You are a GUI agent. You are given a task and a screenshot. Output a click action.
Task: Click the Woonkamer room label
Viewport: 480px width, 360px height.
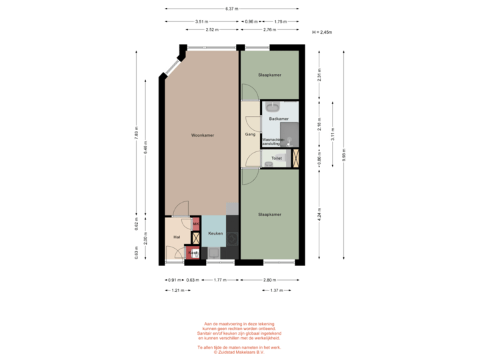point(201,135)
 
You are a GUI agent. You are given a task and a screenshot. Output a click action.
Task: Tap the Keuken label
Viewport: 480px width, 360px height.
point(215,234)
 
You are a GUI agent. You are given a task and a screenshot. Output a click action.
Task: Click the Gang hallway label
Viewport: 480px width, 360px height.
point(250,135)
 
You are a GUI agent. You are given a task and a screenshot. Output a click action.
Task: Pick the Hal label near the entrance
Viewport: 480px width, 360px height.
point(177,237)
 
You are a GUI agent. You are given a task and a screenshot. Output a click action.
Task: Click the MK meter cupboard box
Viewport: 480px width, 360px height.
point(196,223)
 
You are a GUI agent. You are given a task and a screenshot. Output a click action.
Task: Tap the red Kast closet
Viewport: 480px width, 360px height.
point(193,253)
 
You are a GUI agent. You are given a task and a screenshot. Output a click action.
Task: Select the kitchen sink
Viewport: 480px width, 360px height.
point(214,252)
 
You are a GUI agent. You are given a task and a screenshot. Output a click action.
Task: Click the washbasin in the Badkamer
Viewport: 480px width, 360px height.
point(273,106)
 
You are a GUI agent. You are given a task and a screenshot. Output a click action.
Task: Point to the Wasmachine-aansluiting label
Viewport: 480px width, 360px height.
point(273,141)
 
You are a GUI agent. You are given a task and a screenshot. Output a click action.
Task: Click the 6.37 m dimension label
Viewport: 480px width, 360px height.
point(231,9)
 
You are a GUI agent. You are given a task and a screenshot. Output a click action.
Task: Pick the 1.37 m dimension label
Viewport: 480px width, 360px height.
point(274,290)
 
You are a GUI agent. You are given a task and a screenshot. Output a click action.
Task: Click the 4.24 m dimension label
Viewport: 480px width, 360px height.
point(319,215)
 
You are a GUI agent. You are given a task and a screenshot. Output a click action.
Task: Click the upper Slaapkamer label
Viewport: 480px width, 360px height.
point(270,75)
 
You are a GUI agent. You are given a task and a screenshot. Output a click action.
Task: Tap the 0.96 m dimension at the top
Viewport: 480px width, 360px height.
point(251,21)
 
